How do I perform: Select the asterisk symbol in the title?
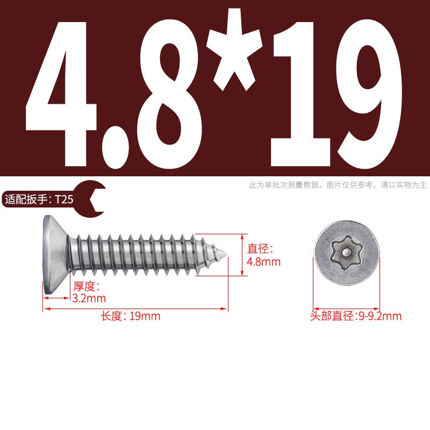(234, 49)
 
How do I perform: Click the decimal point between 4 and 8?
(116, 147)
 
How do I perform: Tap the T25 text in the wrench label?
(64, 199)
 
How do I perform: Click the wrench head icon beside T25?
(92, 199)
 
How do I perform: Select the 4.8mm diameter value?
(263, 262)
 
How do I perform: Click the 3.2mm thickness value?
(89, 298)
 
